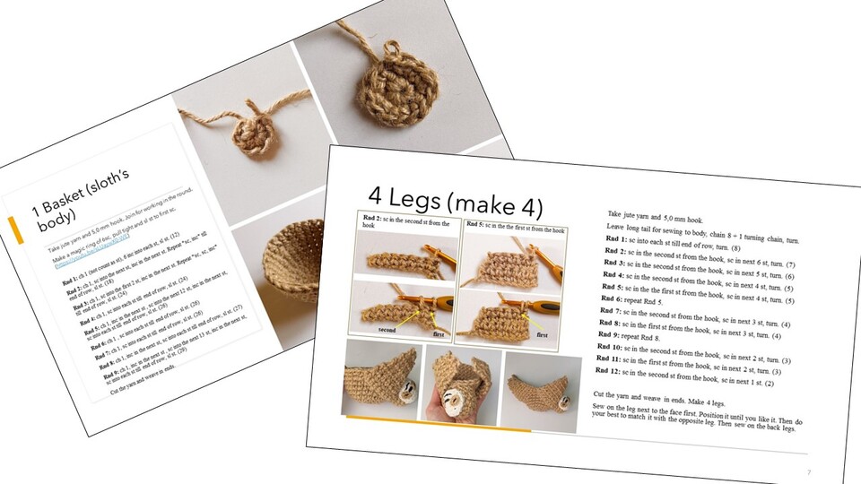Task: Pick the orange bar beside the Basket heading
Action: pos(13,232)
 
